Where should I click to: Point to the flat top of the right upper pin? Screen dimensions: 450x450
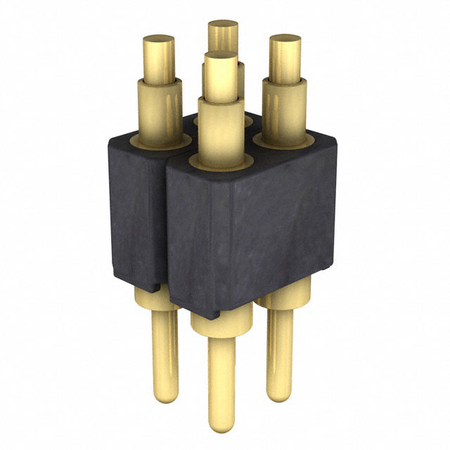pos(285,41)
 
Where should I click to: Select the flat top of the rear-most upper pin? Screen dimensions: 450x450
pos(223,27)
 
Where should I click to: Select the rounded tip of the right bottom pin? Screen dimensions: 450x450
pos(280,390)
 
